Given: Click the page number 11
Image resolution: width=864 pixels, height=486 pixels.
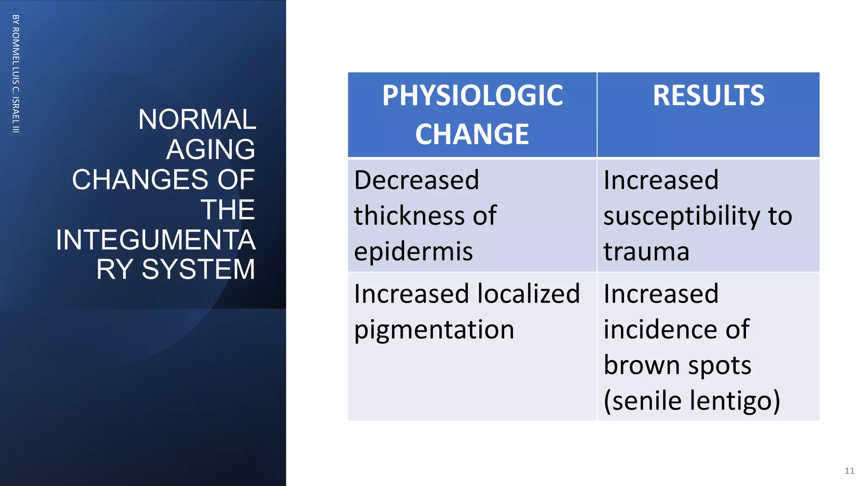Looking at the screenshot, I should click(849, 471).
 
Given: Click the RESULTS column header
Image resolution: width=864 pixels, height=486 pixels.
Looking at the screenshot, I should click(708, 96).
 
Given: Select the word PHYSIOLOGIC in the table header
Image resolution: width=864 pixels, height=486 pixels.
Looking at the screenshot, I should click(472, 96).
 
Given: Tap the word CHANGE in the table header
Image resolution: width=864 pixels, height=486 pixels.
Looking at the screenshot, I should click(472, 135).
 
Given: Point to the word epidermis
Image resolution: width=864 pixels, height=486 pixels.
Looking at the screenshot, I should click(413, 252).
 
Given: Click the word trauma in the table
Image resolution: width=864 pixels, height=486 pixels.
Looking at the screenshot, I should click(646, 252).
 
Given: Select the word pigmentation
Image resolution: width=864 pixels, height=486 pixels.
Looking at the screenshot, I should click(434, 330).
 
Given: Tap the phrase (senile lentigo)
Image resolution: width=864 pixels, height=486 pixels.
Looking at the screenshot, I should click(692, 401).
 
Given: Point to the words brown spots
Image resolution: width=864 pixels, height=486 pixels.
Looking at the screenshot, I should click(677, 365).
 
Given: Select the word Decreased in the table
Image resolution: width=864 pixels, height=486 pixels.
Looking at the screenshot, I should click(416, 180).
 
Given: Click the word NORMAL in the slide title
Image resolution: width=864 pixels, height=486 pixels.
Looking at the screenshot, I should click(197, 119).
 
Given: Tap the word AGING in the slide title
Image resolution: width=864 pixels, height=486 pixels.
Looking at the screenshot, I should click(211, 149).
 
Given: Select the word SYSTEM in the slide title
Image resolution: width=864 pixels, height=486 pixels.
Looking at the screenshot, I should click(198, 269).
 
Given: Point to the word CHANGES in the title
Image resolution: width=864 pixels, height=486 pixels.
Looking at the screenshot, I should click(140, 179).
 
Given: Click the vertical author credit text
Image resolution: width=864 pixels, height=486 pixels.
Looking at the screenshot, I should click(16, 74).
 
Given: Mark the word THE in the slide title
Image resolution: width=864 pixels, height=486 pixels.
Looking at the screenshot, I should click(228, 209).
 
